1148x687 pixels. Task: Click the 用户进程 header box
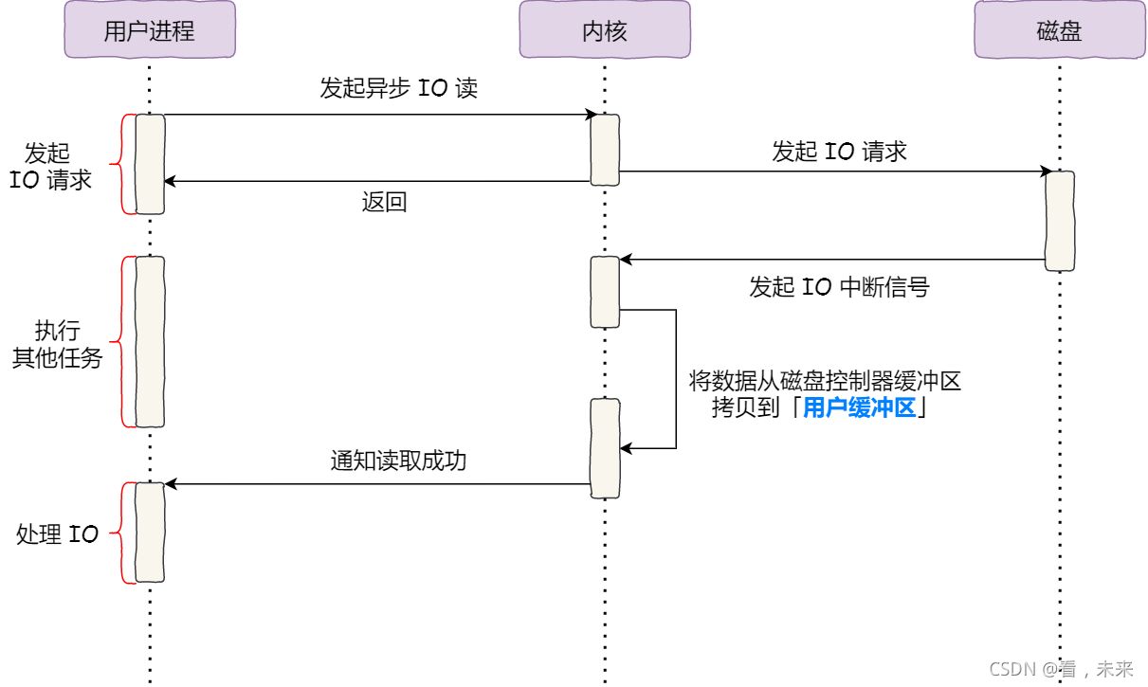149,30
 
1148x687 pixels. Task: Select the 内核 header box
604,30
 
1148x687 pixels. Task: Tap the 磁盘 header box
1059,30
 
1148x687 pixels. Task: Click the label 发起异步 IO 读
398,89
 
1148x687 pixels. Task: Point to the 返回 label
384,202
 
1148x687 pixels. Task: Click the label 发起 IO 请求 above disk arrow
839,152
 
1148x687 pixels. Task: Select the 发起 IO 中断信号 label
839,287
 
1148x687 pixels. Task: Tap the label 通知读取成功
398,461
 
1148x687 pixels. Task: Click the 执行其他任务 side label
57,345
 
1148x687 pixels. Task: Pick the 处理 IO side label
57,534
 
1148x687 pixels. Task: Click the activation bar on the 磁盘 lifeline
1060,221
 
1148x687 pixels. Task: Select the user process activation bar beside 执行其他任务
150,341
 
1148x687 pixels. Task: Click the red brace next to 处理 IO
120,533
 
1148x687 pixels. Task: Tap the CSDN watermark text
1061,669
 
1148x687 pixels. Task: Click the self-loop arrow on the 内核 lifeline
675,379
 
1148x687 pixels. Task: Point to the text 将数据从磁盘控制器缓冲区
825,382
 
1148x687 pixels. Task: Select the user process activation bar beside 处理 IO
150,533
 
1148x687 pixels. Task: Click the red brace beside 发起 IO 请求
120,164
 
